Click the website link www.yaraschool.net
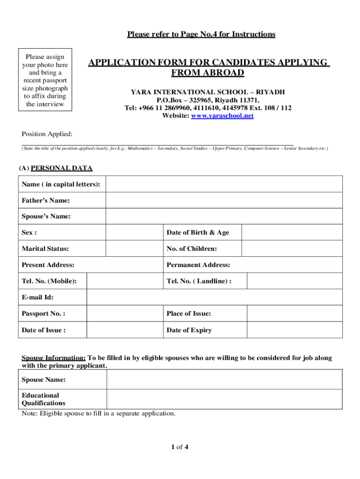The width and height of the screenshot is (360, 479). pyautogui.click(x=222, y=116)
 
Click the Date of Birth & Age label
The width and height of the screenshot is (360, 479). pyautogui.click(x=198, y=232)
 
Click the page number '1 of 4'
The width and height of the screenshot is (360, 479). pyautogui.click(x=180, y=447)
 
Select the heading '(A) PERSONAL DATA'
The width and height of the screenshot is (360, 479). pyautogui.click(x=56, y=168)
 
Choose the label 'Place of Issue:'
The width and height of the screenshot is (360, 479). pyautogui.click(x=188, y=314)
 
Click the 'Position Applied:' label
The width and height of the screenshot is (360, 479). pyautogui.click(x=47, y=135)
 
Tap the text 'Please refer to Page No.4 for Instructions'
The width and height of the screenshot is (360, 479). pyautogui.click(x=201, y=34)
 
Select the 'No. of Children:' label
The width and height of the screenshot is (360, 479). pyautogui.click(x=191, y=249)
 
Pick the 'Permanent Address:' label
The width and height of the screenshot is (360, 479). pyautogui.click(x=198, y=265)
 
